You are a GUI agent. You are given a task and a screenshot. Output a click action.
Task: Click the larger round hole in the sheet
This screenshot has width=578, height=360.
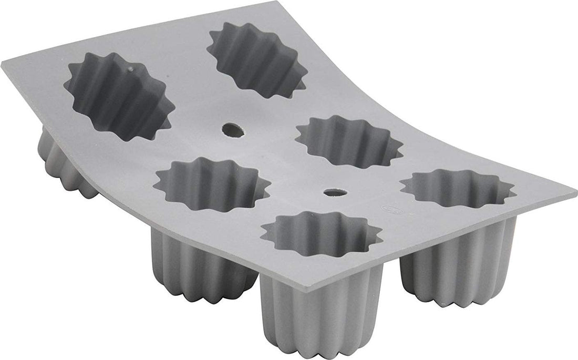click(x=233, y=130)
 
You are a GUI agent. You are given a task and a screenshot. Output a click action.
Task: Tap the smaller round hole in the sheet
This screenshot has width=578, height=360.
click(x=331, y=192)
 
